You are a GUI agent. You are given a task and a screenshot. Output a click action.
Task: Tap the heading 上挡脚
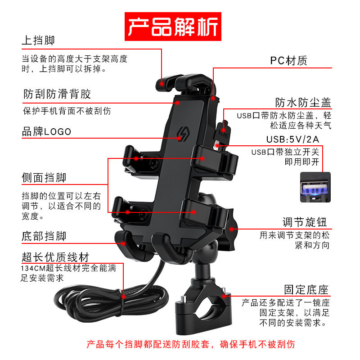[x=38, y=40]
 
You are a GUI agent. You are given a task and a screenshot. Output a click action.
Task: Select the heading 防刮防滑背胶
[x=57, y=94]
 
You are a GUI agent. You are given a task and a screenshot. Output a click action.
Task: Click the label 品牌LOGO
[x=47, y=132]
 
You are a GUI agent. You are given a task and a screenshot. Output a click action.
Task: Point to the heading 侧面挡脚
[x=44, y=178]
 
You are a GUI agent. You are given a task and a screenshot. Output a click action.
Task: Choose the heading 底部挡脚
[x=44, y=236]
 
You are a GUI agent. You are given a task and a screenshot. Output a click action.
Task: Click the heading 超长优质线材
[x=55, y=257]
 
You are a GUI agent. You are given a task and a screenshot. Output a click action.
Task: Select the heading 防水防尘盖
[x=303, y=102]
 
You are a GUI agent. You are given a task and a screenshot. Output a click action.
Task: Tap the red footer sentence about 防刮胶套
[x=190, y=345]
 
